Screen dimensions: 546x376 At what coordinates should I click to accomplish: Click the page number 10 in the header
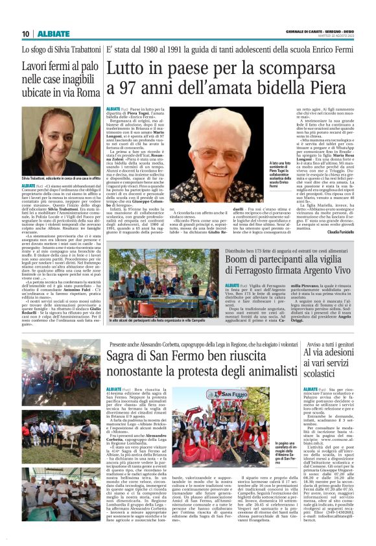point(25,34)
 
